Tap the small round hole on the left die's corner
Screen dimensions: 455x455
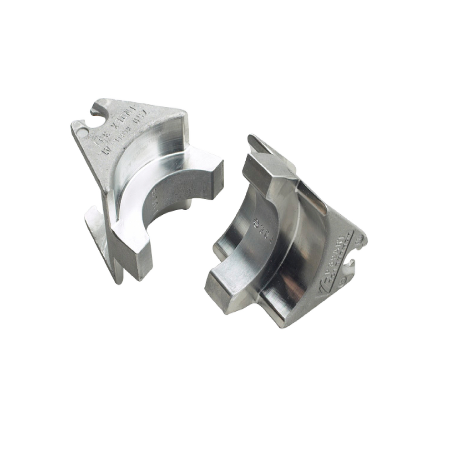[x=82, y=128]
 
